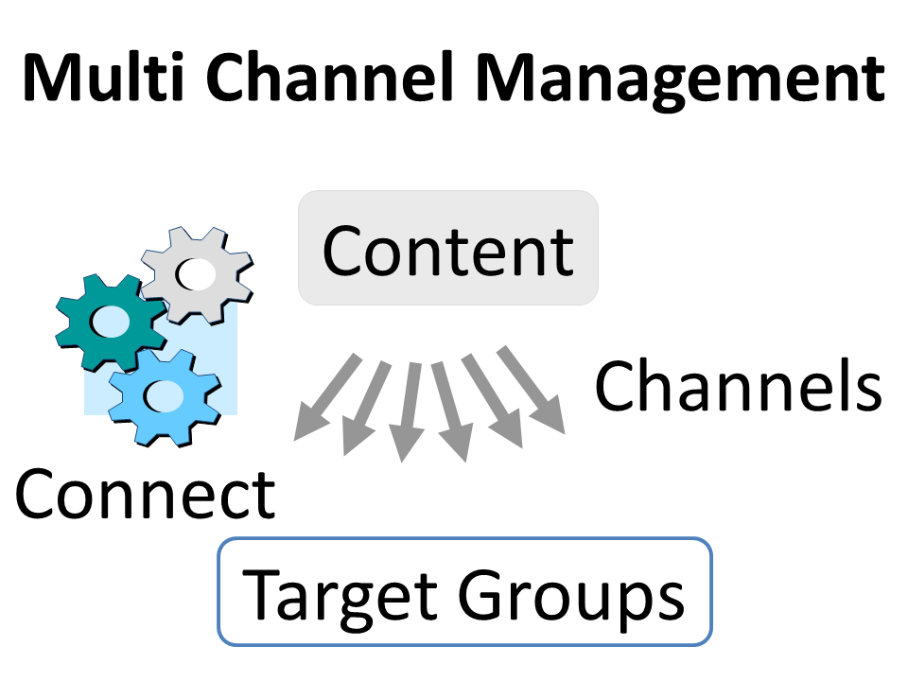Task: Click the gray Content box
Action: click(447, 248)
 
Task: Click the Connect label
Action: click(144, 495)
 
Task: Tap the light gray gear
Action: click(196, 275)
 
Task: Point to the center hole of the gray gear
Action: click(198, 274)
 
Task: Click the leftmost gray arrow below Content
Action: click(325, 398)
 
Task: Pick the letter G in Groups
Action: click(482, 595)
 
